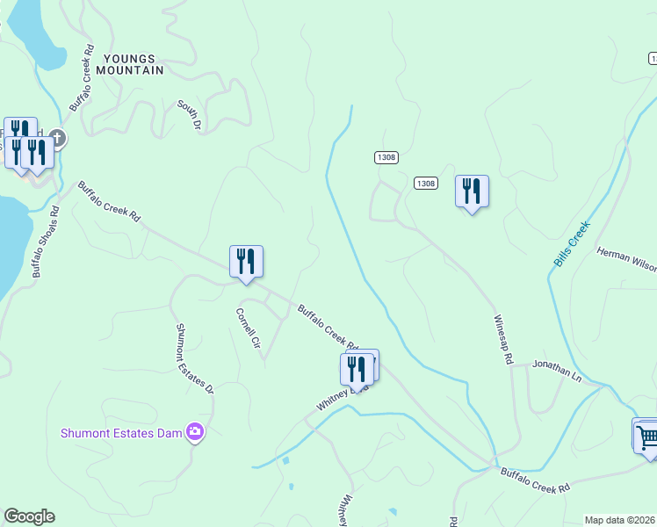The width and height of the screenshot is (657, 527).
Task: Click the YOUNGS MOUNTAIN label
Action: click(x=134, y=64)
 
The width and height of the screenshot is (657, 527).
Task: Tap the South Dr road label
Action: click(x=189, y=116)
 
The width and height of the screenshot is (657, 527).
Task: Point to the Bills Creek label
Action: click(x=572, y=244)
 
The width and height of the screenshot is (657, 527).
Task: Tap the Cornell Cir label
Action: click(x=249, y=328)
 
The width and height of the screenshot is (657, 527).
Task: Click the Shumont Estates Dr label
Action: click(x=195, y=358)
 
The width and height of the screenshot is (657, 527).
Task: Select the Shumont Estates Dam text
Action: click(x=121, y=432)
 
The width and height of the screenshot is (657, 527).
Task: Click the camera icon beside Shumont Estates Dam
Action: click(x=195, y=431)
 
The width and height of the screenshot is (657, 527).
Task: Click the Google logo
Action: click(x=29, y=516)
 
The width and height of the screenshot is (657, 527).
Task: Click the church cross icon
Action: click(x=57, y=138)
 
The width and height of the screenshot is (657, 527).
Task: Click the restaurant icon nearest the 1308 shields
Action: click(x=472, y=190)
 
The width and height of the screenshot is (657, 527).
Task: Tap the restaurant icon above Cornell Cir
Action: click(x=246, y=261)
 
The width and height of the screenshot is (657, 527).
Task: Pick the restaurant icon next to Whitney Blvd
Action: click(x=357, y=368)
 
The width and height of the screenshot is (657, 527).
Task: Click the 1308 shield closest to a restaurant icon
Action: click(x=426, y=183)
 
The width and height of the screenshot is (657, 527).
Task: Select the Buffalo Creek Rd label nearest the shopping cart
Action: click(x=536, y=479)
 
